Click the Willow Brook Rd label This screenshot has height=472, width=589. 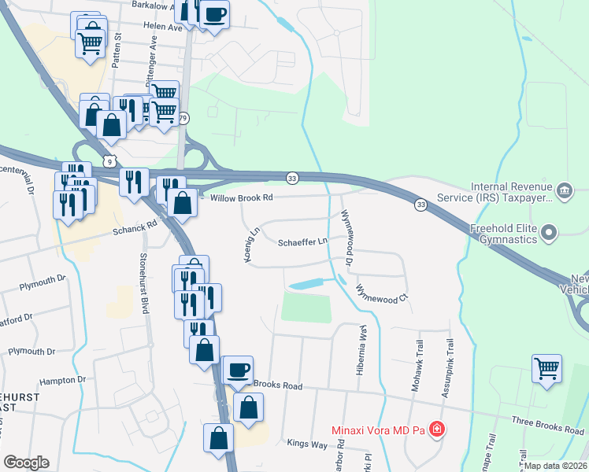tap(241, 197)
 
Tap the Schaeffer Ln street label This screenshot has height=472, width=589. tap(302, 242)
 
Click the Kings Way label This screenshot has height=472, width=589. tap(306, 444)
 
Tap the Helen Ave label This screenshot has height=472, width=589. tap(163, 26)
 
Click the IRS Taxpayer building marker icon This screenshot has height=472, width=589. tap(564, 190)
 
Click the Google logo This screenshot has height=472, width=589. tap(26, 463)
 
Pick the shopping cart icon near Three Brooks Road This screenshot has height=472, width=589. tap(547, 368)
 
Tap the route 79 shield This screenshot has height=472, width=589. tap(183, 118)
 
